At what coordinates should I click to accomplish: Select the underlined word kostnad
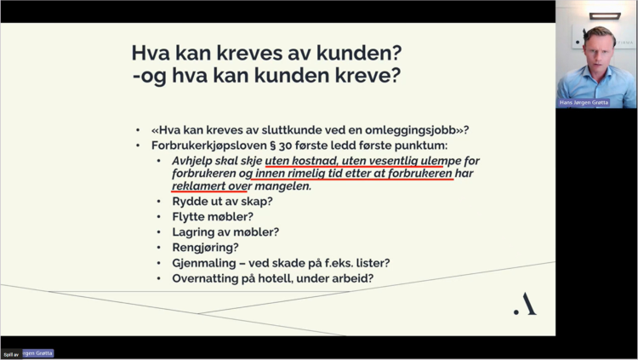[x=315, y=160]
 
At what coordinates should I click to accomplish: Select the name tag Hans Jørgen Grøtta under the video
[x=584, y=103]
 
